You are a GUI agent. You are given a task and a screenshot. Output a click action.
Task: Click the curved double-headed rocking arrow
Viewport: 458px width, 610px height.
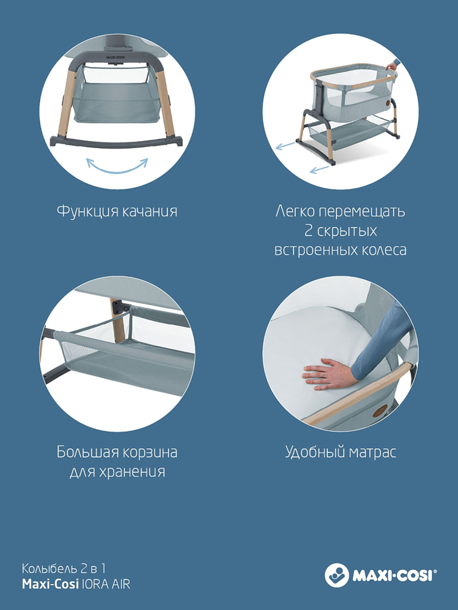click(x=117, y=169)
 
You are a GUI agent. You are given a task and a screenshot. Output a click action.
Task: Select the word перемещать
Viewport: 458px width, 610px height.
click(x=362, y=212)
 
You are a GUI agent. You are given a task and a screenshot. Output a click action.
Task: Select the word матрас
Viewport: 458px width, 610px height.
click(x=372, y=453)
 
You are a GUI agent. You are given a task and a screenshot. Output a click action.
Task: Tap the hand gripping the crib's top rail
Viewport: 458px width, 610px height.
click(x=392, y=66)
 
